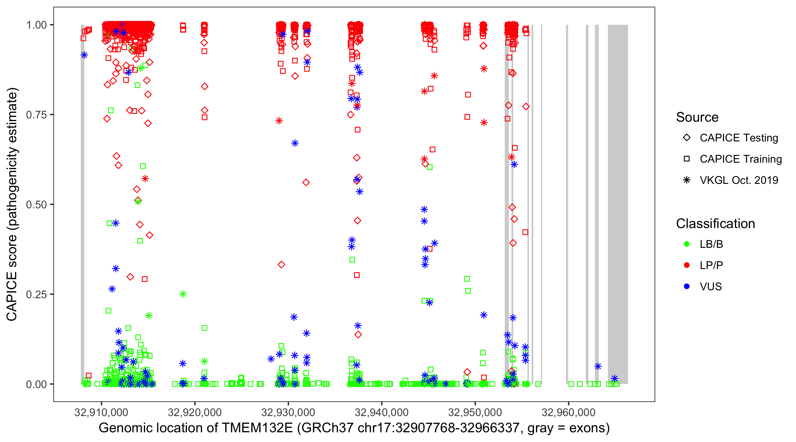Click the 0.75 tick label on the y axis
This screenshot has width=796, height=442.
coord(36,115)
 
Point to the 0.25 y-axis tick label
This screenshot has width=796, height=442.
coord(36,294)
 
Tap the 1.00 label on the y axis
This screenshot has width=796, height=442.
coord(36,25)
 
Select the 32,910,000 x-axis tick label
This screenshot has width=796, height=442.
coord(101,412)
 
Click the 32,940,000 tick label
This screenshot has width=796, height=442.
coord(381,412)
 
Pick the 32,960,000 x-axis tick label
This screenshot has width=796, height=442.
coord(569,412)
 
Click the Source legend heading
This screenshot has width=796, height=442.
coord(697,117)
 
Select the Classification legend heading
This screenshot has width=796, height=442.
coord(715,224)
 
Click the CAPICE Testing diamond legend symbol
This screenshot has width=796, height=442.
coord(687,138)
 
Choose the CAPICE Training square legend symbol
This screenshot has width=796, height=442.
coord(687,159)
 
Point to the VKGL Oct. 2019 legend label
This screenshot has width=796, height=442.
coord(739,180)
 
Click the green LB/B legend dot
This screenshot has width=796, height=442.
coord(687,244)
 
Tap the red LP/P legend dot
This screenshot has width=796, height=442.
coord(687,265)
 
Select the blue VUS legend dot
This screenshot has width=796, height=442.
coord(687,287)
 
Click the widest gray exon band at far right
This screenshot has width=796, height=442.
coord(618,204)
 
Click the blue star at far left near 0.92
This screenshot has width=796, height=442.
coord(84,55)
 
